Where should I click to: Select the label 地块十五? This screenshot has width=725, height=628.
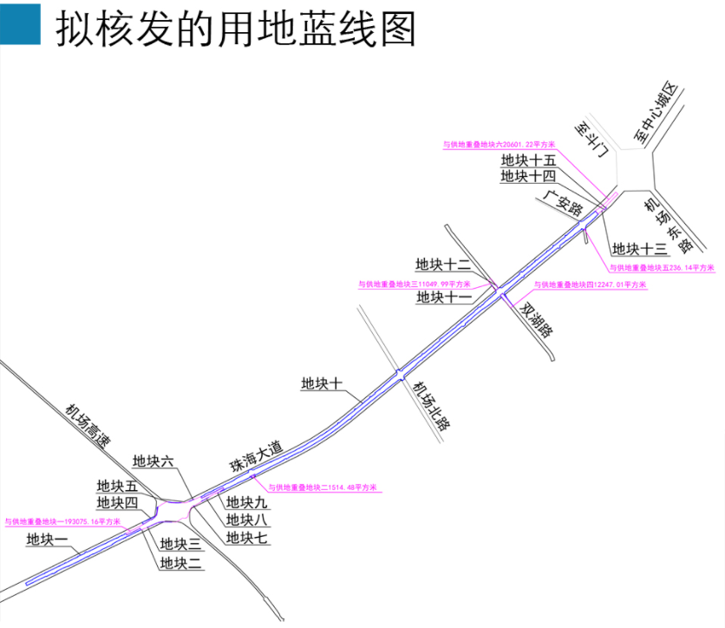click(528, 160)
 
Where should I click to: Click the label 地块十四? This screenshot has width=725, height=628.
click(528, 176)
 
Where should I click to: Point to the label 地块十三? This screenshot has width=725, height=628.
click(640, 249)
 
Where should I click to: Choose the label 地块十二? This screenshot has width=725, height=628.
click(443, 265)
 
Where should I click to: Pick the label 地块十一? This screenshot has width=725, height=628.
click(443, 298)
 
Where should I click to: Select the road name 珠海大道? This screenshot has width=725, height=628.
click(256, 455)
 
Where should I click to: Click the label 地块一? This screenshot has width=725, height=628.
click(47, 540)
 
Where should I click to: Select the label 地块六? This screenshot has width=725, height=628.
click(153, 461)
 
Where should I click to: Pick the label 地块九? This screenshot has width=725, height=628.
click(247, 502)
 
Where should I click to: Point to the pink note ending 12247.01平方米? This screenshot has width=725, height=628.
click(589, 285)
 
